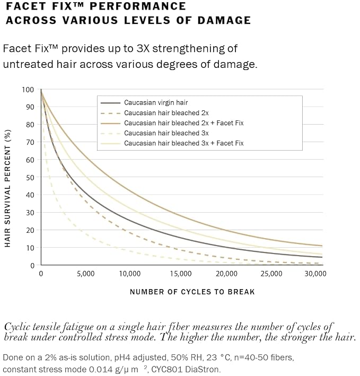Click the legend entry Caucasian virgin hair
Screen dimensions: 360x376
click(x=156, y=103)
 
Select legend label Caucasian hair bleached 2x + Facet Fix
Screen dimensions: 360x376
click(x=184, y=123)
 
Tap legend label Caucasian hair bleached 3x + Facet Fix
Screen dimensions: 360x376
click(x=184, y=143)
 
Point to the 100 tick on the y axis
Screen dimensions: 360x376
click(x=28, y=90)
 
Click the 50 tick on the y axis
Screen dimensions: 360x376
click(x=30, y=178)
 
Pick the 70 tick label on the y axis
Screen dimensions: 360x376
click(x=30, y=142)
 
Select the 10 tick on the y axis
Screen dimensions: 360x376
click(x=30, y=248)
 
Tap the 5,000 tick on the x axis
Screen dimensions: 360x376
click(x=85, y=274)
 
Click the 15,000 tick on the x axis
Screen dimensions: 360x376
click(x=181, y=274)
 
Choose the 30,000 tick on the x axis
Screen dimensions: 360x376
click(x=315, y=274)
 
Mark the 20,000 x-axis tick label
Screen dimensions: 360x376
click(x=226, y=274)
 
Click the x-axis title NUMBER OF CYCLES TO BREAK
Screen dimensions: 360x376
click(x=192, y=292)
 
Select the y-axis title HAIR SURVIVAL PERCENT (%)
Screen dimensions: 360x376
click(x=7, y=188)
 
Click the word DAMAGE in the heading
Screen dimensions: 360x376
click(x=224, y=20)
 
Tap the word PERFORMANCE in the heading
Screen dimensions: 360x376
click(x=138, y=6)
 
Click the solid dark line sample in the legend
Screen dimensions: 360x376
click(x=110, y=103)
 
